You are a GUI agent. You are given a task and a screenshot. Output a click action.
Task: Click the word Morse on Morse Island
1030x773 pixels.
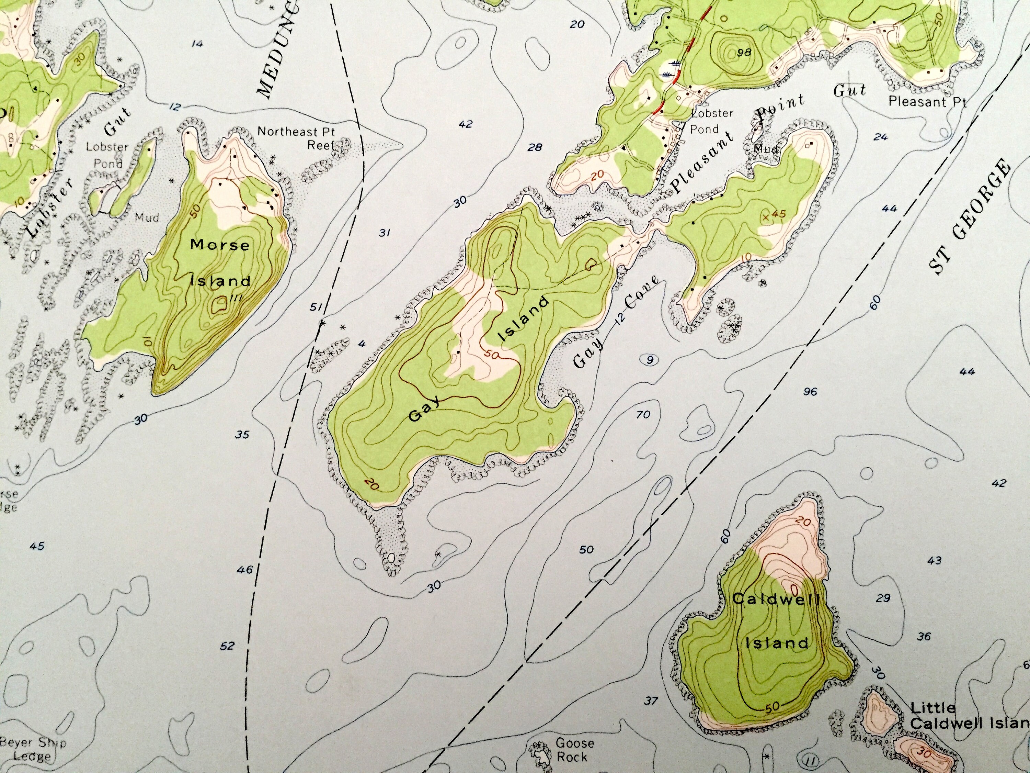coord(219,245)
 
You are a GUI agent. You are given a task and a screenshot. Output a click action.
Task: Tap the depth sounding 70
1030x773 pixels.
coord(643,415)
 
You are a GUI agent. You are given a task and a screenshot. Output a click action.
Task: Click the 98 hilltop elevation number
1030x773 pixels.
coord(744,52)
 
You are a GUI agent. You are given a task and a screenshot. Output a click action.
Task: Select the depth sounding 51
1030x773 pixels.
coord(316,307)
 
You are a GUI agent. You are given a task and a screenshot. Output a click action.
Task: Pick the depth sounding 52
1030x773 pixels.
coord(227,646)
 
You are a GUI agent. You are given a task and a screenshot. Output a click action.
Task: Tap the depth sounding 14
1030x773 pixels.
coord(197,44)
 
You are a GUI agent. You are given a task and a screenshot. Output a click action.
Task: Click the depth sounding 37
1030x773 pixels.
coord(651,700)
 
